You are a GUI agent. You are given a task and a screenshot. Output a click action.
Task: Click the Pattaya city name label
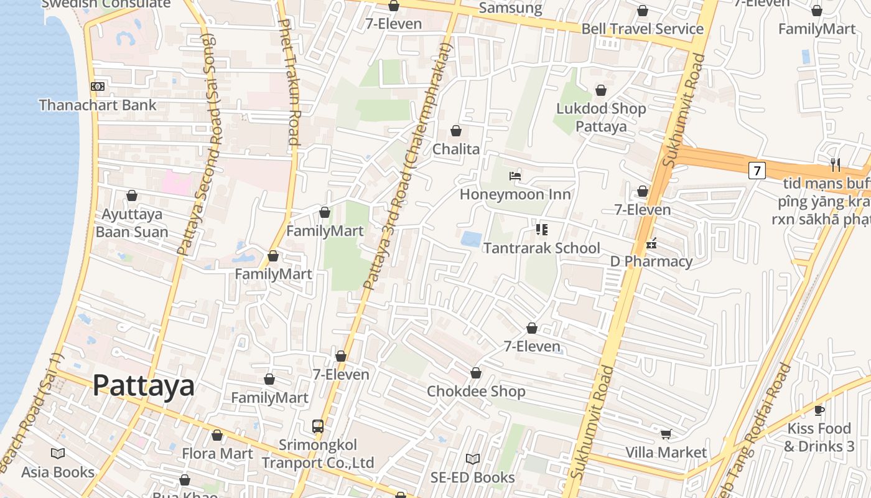143,386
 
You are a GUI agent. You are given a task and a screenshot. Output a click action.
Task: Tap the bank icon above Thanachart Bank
98,87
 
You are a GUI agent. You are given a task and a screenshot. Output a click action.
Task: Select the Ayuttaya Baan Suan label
131,223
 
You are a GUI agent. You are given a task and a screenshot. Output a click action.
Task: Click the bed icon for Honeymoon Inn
515,176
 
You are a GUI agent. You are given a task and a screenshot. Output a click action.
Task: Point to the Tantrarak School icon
542,230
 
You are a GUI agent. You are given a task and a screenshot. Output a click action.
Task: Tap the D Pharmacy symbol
651,243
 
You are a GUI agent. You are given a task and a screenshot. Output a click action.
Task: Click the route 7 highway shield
757,170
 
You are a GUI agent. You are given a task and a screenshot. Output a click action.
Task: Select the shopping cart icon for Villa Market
666,434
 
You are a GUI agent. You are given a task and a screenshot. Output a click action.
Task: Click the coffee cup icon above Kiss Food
819,410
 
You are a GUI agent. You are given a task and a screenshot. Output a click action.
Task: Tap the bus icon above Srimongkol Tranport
318,426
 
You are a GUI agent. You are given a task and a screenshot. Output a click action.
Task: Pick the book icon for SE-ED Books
473,459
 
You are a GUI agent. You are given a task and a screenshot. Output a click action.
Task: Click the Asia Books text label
58,472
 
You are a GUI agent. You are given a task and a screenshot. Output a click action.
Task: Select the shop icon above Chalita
456,131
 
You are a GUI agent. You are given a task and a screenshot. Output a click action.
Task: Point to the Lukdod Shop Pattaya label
601,117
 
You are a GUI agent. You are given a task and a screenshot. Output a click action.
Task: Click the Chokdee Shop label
476,392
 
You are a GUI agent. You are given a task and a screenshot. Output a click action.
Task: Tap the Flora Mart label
217,453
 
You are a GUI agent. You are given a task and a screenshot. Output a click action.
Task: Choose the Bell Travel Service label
642,29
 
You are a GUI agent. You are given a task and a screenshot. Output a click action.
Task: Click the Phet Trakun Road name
289,81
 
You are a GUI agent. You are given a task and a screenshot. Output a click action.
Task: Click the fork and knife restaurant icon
835,165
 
